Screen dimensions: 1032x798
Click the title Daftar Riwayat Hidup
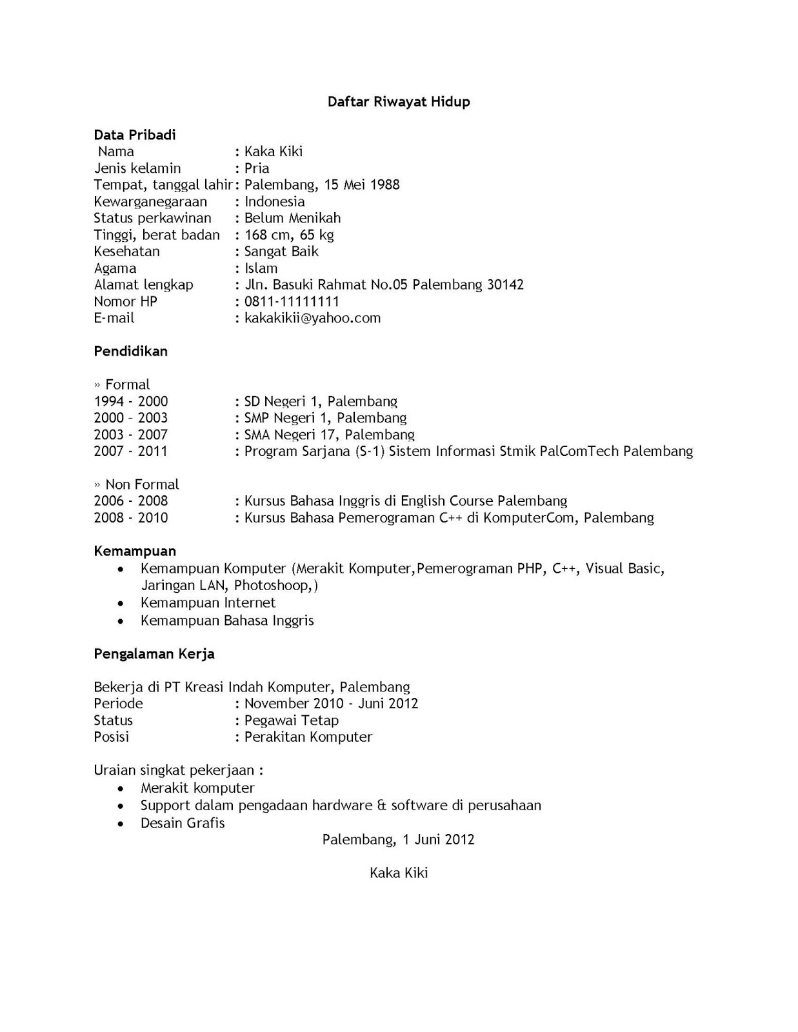(399, 102)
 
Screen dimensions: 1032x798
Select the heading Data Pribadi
(135, 135)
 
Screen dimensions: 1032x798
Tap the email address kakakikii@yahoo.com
(312, 318)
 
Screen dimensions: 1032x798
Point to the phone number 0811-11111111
(292, 301)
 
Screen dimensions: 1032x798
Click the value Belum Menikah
(292, 218)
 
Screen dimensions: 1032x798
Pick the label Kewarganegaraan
(150, 202)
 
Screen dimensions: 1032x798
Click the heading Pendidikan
(130, 352)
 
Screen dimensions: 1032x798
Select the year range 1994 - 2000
(131, 401)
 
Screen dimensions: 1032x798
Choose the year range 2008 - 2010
(131, 518)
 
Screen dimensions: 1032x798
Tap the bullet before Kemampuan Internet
(121, 604)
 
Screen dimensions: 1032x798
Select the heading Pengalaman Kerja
(154, 654)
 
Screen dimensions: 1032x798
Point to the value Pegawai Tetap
(291, 720)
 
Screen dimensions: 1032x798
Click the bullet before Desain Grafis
(121, 824)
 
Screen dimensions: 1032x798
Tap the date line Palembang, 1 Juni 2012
(399, 839)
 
